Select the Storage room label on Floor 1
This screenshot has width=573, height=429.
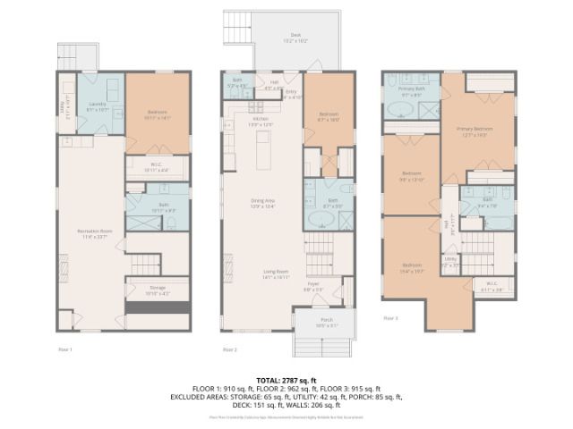click(x=157, y=290)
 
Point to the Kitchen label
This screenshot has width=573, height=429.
click(x=261, y=120)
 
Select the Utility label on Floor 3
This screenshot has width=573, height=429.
click(x=450, y=263)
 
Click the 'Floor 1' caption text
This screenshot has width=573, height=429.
click(x=66, y=349)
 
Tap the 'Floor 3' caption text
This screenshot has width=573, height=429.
click(x=390, y=318)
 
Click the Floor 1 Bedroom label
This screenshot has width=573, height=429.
click(x=157, y=113)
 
